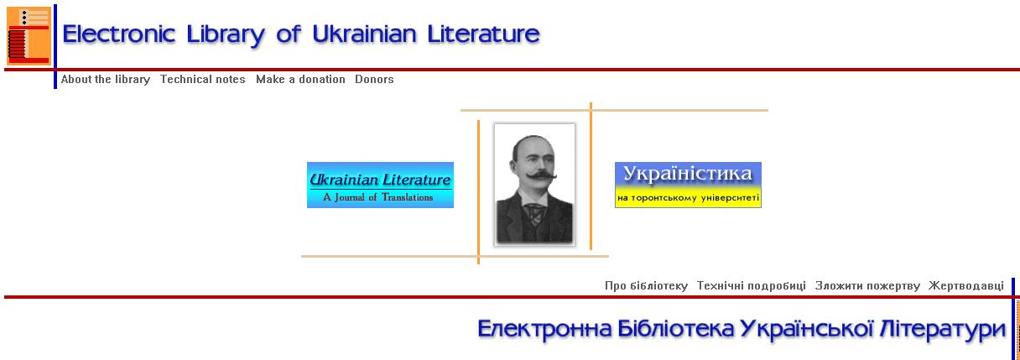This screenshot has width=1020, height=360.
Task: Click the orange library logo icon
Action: click(x=29, y=35)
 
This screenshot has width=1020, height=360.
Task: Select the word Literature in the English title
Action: click(x=483, y=34)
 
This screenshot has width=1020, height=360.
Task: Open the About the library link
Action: click(x=106, y=80)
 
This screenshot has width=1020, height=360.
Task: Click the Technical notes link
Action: click(x=203, y=80)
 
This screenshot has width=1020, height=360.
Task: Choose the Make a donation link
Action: click(x=300, y=80)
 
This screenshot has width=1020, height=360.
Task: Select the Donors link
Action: click(x=374, y=80)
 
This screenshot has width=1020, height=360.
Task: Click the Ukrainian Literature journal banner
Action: click(x=380, y=185)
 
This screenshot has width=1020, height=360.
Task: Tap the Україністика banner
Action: click(x=688, y=185)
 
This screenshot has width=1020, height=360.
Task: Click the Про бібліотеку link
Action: click(x=646, y=286)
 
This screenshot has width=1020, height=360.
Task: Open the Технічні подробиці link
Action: click(x=752, y=286)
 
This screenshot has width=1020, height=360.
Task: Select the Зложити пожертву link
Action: click(x=867, y=286)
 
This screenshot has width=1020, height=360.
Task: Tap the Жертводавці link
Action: click(x=966, y=286)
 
